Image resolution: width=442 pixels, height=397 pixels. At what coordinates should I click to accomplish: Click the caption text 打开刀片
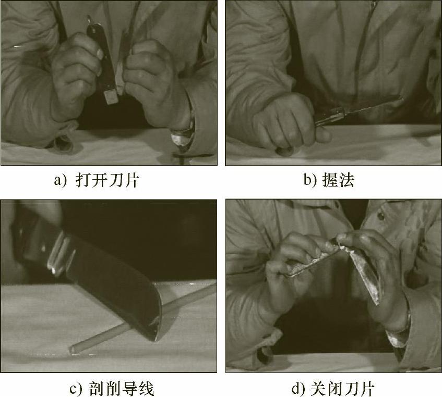point(107,180)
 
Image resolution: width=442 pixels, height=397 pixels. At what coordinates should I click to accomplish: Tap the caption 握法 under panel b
point(338,180)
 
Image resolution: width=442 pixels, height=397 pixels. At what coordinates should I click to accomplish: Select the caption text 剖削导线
point(121,389)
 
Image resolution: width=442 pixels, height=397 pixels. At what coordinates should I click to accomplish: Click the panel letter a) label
point(61,181)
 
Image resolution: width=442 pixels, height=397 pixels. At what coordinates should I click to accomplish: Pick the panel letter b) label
point(310,180)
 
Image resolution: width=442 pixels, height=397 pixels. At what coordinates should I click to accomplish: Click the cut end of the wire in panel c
point(72,350)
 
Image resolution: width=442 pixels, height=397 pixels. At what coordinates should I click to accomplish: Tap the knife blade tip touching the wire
point(154,339)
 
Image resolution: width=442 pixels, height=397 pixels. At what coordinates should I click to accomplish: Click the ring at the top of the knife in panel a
point(90,19)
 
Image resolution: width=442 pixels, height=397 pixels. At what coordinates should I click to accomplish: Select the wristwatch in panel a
point(184,136)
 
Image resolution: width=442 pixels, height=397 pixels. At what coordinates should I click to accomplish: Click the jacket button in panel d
point(381,216)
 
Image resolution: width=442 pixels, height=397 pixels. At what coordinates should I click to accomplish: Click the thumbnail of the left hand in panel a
point(100,54)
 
